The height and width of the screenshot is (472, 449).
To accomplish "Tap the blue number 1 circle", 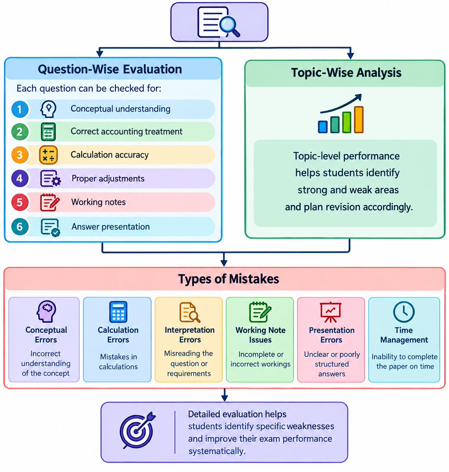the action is point(20,109).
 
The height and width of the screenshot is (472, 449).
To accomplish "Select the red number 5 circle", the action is point(20,202).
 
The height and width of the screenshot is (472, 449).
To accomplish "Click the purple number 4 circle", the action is point(20,178).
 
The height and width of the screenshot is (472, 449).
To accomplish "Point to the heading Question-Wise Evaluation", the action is point(110,69).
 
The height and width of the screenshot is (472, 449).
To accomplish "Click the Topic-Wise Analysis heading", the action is point(346,72).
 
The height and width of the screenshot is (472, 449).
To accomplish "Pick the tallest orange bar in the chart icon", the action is point(359,119).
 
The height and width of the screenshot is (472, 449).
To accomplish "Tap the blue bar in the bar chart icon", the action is point(322,127).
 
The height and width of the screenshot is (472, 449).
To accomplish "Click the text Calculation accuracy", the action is point(110,155).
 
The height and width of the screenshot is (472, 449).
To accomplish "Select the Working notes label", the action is point(98,202).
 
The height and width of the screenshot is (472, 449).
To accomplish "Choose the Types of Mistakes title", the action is point(229,279).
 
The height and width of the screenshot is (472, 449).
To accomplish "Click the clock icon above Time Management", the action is point(404,311).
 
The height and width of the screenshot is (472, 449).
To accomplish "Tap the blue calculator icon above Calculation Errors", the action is point(118,311).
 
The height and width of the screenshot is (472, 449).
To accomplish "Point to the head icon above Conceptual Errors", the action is point(46,311).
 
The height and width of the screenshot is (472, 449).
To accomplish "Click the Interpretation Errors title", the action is point(190,335).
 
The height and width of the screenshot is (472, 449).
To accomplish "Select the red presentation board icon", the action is point(331,312).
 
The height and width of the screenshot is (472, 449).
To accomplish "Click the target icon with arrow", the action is point(138,430).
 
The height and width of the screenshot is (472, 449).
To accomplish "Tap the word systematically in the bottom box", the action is point(217,451).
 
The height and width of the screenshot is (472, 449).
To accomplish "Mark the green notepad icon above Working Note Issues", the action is point(260,311).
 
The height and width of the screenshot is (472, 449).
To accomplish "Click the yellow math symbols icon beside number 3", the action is point(48,155).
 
